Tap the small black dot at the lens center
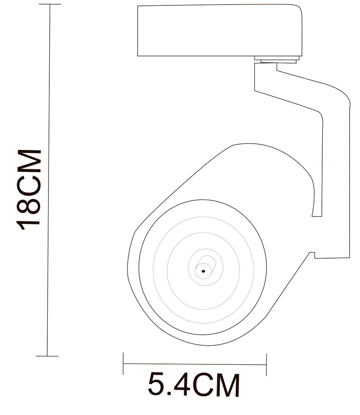point(204,271)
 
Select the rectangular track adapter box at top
point(219,31)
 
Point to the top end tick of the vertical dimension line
point(50,4)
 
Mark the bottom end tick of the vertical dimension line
point(47,356)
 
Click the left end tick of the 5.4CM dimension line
point(123,364)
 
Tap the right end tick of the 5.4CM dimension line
point(266,365)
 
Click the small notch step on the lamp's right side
point(311,254)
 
